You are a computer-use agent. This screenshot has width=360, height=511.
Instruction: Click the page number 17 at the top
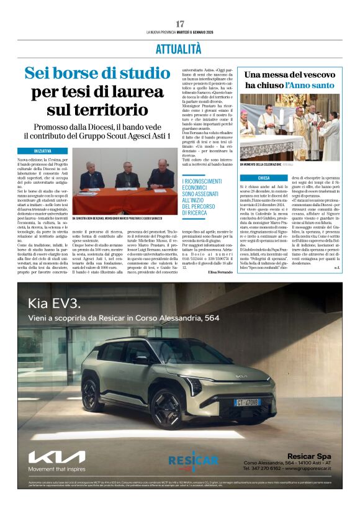tap(180, 23)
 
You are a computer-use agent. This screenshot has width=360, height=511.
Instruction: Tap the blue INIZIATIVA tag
tap(43, 151)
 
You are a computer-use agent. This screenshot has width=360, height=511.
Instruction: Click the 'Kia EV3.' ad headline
tap(53, 304)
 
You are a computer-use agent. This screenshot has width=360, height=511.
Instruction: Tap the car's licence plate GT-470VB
tap(247, 402)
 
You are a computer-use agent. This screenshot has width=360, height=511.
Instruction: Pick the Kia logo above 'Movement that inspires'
tap(56, 457)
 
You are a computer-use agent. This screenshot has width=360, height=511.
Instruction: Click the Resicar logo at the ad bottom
tap(193, 460)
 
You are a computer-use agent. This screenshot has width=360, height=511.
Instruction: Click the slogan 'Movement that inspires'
tap(56, 469)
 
